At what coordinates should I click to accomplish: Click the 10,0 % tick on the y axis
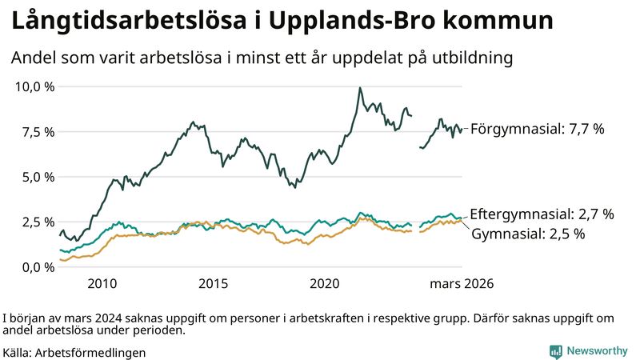pyautogui.click(x=34, y=86)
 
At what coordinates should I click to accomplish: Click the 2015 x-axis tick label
pyautogui.click(x=214, y=284)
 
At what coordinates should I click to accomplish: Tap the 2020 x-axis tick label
pyautogui.click(x=325, y=284)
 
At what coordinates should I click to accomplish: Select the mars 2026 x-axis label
pyautogui.click(x=462, y=284)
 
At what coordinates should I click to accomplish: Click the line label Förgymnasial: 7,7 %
pyautogui.click(x=537, y=129)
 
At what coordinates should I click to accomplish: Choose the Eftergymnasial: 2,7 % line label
pyautogui.click(x=542, y=214)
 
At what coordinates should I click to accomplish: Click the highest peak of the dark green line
pyautogui.click(x=360, y=88)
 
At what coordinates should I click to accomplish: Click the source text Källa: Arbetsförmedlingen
pyautogui.click(x=74, y=351)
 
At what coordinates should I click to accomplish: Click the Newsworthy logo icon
pyautogui.click(x=555, y=351)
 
